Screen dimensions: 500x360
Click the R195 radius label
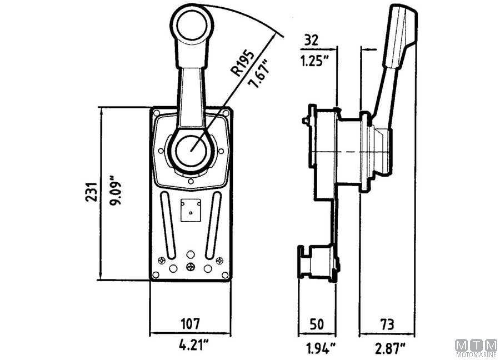[x=243, y=63]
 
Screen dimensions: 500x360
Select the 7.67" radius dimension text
[x=258, y=74]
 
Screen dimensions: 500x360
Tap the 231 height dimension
[x=92, y=192]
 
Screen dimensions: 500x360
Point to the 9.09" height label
[x=116, y=190]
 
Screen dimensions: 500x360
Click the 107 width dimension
[x=191, y=324]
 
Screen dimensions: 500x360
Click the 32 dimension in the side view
[x=311, y=40]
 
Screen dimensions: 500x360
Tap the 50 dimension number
[x=317, y=324]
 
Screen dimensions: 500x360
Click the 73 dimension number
[x=387, y=324]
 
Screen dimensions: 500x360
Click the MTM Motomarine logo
[x=477, y=348]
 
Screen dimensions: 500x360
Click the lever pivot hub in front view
[x=191, y=150]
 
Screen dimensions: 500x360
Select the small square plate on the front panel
[x=191, y=210]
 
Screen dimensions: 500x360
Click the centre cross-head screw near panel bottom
[x=191, y=267]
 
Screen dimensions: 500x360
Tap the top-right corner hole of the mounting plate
[x=226, y=113]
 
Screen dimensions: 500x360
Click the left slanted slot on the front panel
[x=168, y=225]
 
